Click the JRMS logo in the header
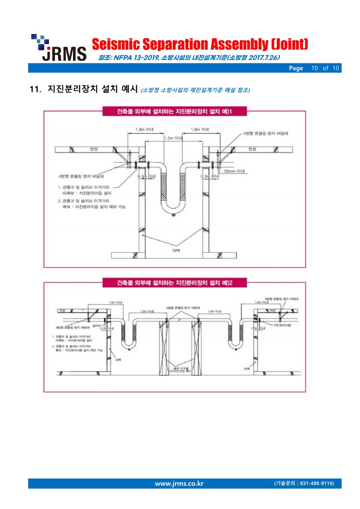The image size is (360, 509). pos(58,48)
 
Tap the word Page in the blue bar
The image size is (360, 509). pos(296,68)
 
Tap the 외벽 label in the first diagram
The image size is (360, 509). pos(175,248)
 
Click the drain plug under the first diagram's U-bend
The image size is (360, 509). pos(173,215)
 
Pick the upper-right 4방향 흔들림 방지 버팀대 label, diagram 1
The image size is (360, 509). pos(266,134)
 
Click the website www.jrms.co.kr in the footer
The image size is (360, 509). pos(179,483)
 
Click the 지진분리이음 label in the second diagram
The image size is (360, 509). pos(282,325)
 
